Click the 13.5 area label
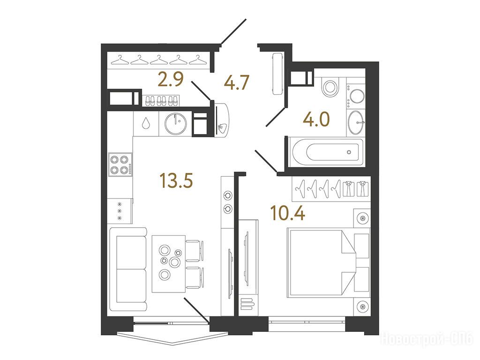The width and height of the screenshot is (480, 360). click(x=176, y=180)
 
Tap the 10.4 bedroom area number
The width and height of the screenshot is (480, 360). click(x=288, y=213)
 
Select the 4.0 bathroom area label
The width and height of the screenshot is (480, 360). click(x=316, y=120)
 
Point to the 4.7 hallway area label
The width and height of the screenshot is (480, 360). click(x=237, y=82)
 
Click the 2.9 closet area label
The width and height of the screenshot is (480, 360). click(x=171, y=80)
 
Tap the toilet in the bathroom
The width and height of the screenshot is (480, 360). click(x=330, y=87)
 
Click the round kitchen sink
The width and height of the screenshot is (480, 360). click(x=176, y=123)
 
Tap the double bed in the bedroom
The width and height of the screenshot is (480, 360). click(x=328, y=263)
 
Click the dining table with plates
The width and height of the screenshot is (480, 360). click(x=169, y=263)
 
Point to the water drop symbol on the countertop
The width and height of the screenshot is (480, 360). click(x=146, y=123)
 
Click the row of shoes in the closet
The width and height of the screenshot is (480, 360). click(x=161, y=101)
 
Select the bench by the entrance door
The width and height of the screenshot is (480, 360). click(x=278, y=74)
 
